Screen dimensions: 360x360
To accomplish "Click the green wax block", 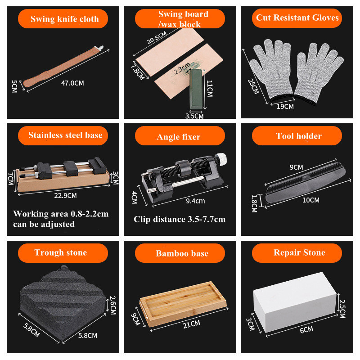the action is tap(196, 89).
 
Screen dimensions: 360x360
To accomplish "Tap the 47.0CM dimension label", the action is tap(72, 83).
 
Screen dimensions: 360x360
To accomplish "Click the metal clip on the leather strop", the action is tap(99, 48).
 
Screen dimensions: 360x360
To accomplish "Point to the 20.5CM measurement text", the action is tap(157, 38).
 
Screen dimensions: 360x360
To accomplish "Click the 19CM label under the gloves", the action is tap(285, 107).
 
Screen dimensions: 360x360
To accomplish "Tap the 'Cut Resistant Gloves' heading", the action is tap(297, 18).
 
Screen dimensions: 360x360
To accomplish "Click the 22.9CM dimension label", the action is tap(65, 196).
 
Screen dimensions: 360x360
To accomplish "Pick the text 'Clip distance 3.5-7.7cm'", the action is tap(180, 219).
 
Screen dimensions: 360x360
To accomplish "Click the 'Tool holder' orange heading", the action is tap(299, 136).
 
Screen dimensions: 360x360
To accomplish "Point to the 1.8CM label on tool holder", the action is tap(254, 203).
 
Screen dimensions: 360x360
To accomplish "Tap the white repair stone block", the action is tap(295, 302).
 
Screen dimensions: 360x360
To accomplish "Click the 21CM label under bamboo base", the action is tap(192, 324).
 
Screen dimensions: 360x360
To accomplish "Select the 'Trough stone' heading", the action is tap(61, 252).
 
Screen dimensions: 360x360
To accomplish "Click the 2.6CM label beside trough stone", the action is tap(113, 305).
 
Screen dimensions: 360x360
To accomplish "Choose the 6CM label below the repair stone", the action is tap(306, 330).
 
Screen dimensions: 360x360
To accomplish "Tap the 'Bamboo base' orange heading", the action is tap(182, 253).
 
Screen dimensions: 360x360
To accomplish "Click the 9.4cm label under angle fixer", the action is tap(195, 201).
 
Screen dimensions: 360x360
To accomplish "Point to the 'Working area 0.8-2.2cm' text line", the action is tap(61, 214).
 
